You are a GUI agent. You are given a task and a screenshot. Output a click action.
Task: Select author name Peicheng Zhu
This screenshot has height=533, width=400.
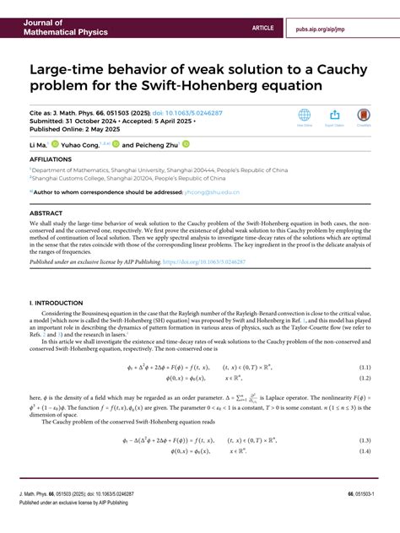pyautogui.click(x=166, y=144)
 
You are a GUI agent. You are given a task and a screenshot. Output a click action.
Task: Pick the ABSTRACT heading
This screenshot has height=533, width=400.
pyautogui.click(x=46, y=213)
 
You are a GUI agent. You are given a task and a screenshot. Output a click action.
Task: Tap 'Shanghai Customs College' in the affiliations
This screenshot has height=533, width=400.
pyautogui.click(x=68, y=178)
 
